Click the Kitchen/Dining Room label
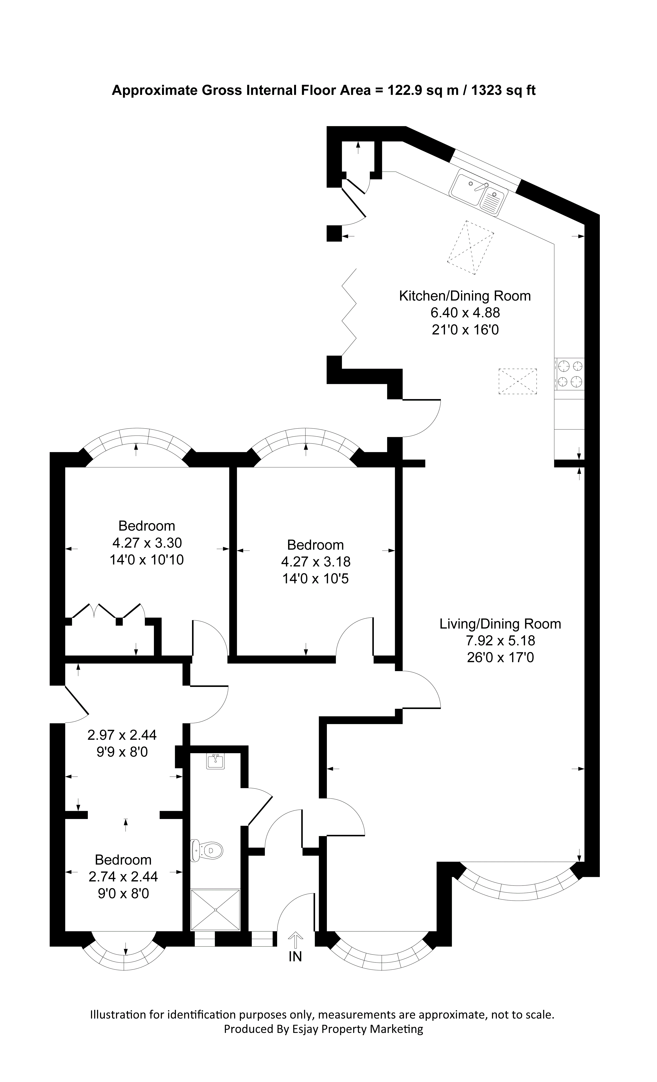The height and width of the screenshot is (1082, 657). click(x=465, y=296)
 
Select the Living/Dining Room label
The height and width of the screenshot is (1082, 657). click(x=500, y=624)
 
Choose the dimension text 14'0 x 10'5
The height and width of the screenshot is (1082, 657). click(x=315, y=579)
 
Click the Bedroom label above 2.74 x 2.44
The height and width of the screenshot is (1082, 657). click(x=123, y=860)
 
